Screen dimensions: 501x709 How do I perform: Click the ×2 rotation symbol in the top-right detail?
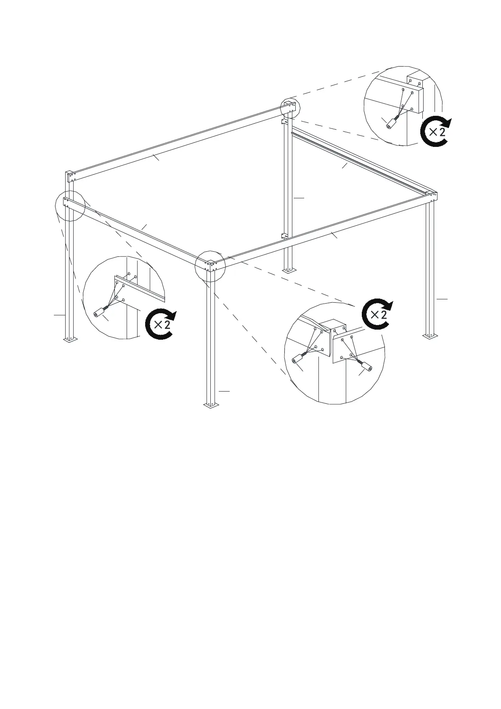pyautogui.click(x=436, y=131)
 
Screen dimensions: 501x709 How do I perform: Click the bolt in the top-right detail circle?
pyautogui.click(x=392, y=123)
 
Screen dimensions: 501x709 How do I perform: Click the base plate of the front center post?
pyautogui.click(x=210, y=405)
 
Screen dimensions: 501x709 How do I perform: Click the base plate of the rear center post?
pyautogui.click(x=288, y=270)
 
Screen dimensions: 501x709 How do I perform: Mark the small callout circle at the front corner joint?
pyautogui.click(x=210, y=265)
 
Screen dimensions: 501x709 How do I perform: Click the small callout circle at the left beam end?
pyautogui.click(x=70, y=205)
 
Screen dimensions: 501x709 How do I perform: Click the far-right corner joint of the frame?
pyautogui.click(x=432, y=196)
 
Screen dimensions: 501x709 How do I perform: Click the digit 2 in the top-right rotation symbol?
pyautogui.click(x=442, y=131)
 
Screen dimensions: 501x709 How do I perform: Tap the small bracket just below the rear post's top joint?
pyautogui.click(x=284, y=122)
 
